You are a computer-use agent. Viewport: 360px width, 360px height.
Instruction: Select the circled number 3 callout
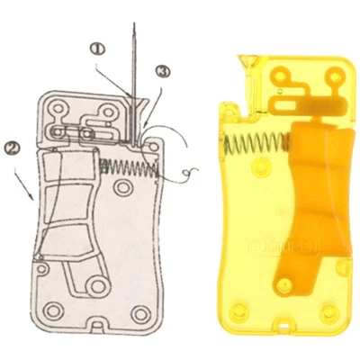click(162, 71)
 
